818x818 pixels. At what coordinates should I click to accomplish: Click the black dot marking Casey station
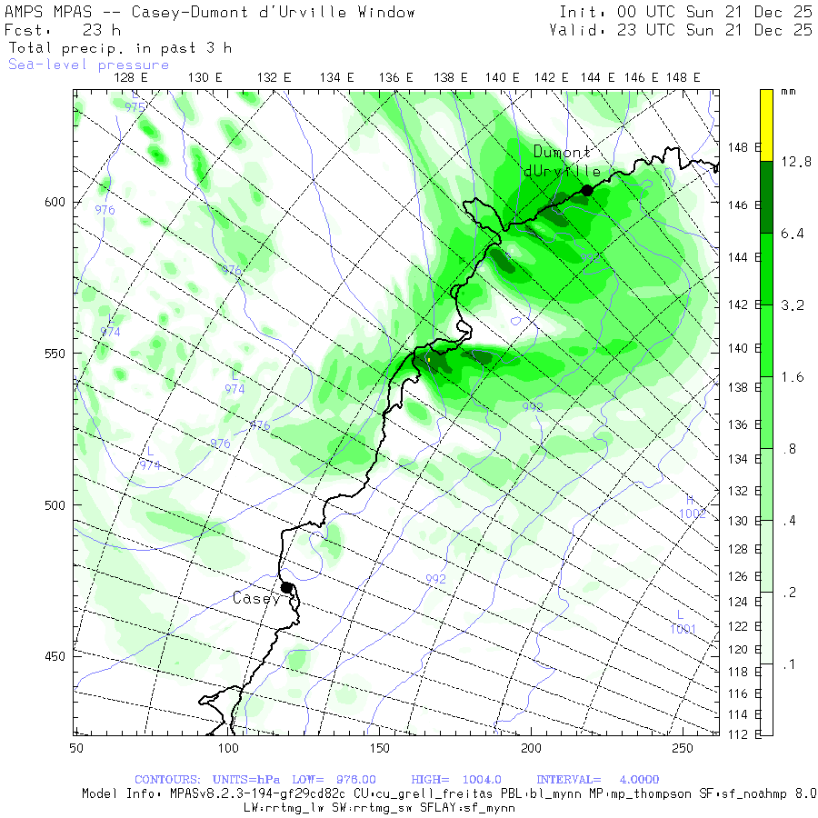(x=286, y=587)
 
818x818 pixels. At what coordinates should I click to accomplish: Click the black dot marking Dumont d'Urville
(x=587, y=190)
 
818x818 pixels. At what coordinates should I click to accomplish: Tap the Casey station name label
(x=256, y=598)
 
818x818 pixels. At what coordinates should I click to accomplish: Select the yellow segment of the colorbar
(x=766, y=125)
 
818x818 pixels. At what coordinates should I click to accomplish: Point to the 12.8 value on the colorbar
(x=795, y=162)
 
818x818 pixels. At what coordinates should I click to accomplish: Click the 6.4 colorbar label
(x=792, y=234)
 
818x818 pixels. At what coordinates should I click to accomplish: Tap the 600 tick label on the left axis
(x=55, y=202)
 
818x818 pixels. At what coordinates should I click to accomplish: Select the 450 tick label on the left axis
(x=55, y=656)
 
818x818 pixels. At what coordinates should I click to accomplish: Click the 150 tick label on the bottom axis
(x=379, y=747)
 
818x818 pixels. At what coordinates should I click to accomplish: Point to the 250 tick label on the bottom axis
(x=682, y=747)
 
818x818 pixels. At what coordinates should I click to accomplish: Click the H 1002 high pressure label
(x=692, y=507)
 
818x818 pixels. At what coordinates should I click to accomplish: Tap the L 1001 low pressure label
(x=683, y=623)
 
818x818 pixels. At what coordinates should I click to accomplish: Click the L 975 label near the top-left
(x=135, y=101)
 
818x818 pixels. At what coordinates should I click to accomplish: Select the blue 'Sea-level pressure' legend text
(x=88, y=65)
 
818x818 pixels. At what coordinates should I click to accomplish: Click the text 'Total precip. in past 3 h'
(x=120, y=47)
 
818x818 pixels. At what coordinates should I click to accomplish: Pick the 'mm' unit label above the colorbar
(x=788, y=93)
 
